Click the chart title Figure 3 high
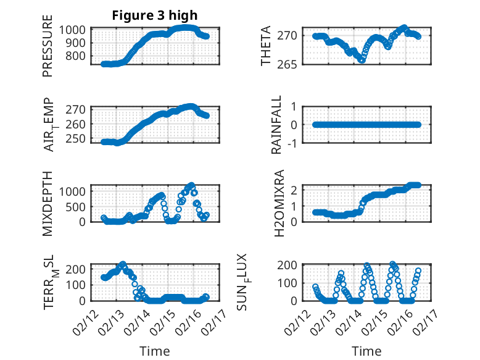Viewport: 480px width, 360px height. [154, 16]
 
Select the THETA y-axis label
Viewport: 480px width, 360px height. [266, 47]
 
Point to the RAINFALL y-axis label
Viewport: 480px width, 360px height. [278, 125]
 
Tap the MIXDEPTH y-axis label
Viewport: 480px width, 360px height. [48, 203]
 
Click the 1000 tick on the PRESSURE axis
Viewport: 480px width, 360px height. [76, 30]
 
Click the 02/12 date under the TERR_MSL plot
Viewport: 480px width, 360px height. [85, 321]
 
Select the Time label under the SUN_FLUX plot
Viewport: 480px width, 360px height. [366, 351]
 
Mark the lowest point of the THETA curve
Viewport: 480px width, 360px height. [362, 60]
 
